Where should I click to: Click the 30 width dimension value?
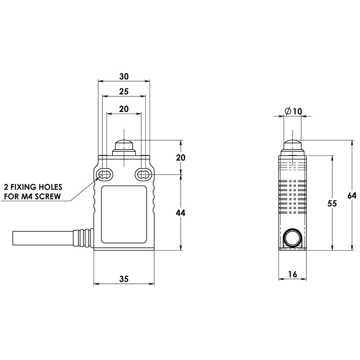pos(124,77)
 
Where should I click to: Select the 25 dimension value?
pos(124,91)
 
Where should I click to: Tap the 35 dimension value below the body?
pos(124,279)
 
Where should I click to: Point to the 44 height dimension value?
pos(181,213)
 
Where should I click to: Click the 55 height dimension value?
pos(332,203)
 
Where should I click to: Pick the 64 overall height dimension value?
pos(352,196)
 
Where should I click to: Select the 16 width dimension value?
pos(292,274)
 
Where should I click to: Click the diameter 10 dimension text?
pos(293,112)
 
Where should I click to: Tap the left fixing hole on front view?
pos(104,175)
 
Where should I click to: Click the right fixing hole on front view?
pos(142,175)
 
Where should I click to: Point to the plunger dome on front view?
pos(124,144)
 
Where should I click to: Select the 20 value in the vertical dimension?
pos(181,158)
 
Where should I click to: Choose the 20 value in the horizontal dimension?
pos(124,109)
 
